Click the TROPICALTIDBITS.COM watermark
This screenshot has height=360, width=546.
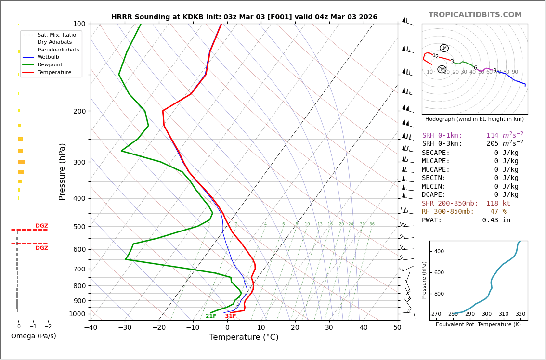coord(475,15)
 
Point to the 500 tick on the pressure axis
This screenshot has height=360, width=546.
coord(79,227)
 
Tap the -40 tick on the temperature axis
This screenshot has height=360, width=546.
coord(91,328)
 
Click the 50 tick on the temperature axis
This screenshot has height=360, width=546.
coord(397,328)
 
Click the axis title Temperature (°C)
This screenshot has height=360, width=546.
coord(244,337)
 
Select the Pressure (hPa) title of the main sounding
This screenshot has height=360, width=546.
coord(63,171)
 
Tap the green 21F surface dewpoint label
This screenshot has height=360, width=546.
coord(211,316)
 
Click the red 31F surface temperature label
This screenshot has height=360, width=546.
coord(231,316)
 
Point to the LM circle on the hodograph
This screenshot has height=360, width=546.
coord(444,48)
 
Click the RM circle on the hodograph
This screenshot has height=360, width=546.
coord(442,69)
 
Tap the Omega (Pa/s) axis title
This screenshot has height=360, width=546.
coord(33,336)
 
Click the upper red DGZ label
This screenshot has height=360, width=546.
coord(41,226)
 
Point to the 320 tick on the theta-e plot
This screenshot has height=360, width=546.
coord(520,314)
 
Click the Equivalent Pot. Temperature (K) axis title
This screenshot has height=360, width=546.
coord(478,324)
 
